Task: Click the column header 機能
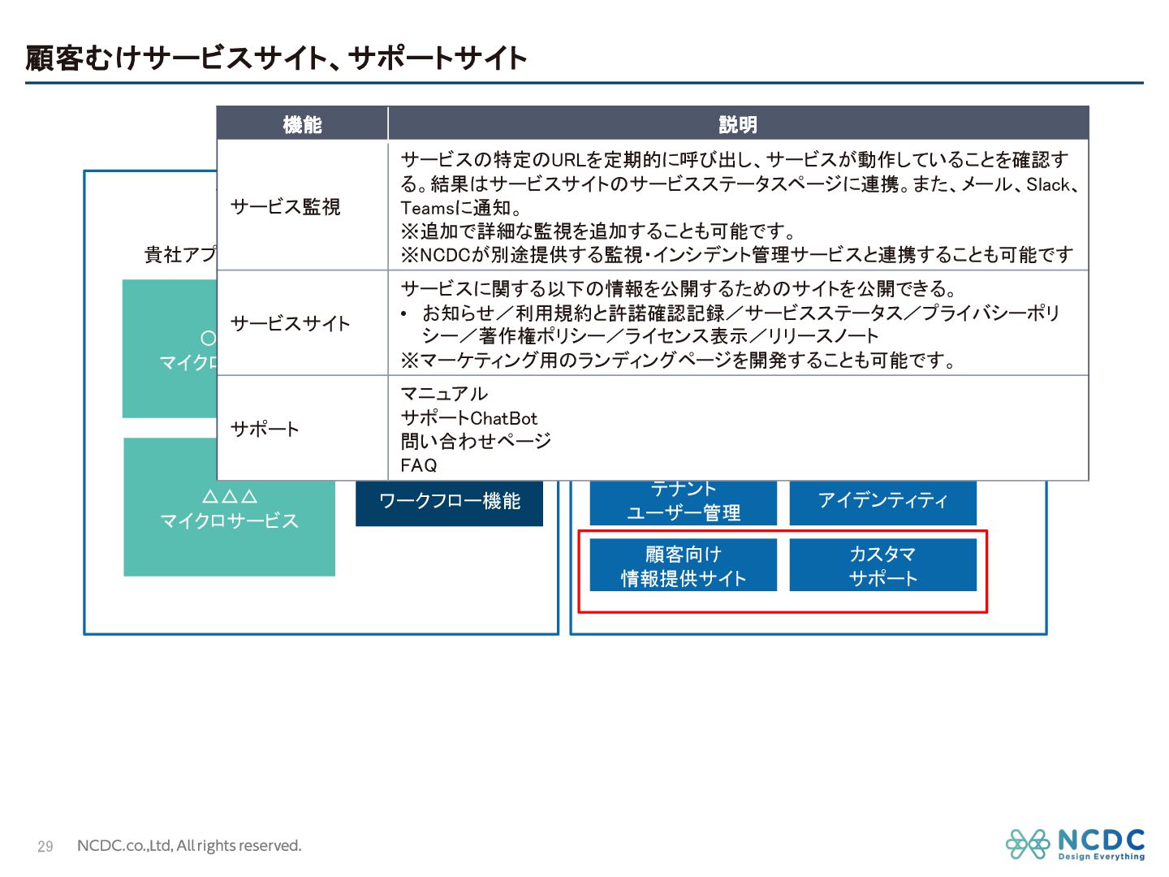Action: tap(302, 124)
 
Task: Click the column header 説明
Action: tap(737, 124)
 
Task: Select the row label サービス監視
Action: tap(285, 207)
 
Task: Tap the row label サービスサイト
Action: tap(290, 324)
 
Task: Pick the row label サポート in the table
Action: tap(265, 429)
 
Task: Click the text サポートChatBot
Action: tap(468, 418)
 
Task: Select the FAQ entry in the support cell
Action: tap(419, 465)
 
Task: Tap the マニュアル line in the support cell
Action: tap(444, 394)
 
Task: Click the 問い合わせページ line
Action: tap(476, 441)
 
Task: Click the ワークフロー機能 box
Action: tap(449, 502)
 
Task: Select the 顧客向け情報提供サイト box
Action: tap(683, 566)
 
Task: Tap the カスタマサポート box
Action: tap(882, 566)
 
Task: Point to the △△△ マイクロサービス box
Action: tap(229, 509)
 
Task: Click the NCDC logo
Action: tap(1075, 844)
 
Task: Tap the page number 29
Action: tap(45, 846)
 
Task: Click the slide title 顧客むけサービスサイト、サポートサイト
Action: tap(276, 58)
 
